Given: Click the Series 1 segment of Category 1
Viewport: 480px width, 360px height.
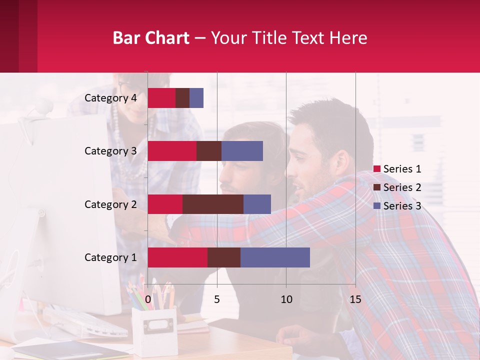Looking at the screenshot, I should point(177,257).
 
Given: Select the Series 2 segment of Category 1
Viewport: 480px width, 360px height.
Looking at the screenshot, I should point(224,257).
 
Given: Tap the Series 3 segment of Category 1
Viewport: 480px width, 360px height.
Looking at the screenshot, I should point(275,257).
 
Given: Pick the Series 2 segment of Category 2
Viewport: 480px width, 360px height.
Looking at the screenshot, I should point(213,204).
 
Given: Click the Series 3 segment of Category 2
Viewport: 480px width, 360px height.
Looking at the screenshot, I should point(257,204).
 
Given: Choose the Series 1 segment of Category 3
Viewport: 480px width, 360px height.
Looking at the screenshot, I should point(172,151).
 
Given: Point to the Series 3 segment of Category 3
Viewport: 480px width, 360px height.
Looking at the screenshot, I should point(242,151).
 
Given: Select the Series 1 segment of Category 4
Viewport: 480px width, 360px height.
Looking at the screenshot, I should point(161,98).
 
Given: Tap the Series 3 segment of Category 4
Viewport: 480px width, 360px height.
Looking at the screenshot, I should point(196,98).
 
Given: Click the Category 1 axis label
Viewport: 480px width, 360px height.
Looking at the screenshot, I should point(110,257).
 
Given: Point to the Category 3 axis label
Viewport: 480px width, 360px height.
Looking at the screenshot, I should point(110,151).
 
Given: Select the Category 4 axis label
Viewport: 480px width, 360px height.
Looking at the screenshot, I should point(110,98).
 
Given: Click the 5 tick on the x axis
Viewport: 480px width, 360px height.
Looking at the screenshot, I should point(217,299).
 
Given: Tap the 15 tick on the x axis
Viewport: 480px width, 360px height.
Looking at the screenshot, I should point(355,299).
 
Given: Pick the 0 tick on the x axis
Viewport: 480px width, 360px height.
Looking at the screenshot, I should point(148,299).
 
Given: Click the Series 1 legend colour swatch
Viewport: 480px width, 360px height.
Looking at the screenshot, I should point(377,169).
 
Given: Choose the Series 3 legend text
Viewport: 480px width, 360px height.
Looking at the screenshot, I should point(402,206).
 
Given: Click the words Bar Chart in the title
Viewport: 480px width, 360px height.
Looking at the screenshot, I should point(151,38).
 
